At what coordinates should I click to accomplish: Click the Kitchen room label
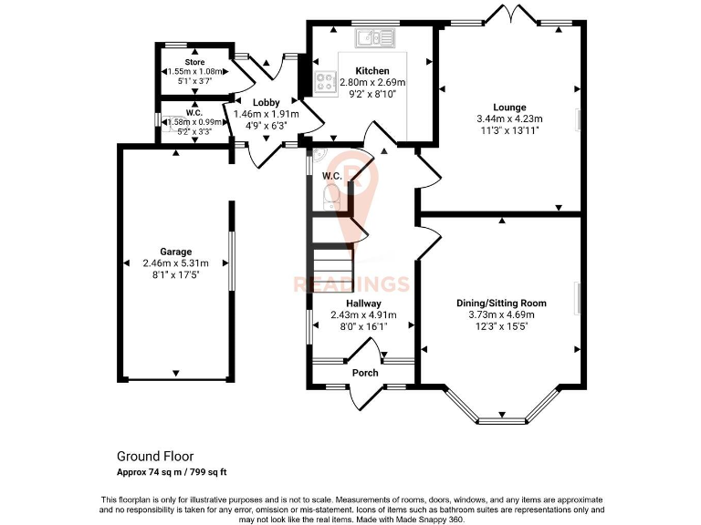(371, 70)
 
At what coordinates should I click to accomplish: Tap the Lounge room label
(508, 107)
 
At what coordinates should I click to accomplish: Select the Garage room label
(176, 252)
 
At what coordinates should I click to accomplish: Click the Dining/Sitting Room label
(501, 303)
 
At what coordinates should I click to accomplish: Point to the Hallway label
(363, 303)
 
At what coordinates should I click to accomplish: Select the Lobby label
(267, 102)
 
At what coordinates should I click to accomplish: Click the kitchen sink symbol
(375, 38)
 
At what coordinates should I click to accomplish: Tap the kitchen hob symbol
(324, 83)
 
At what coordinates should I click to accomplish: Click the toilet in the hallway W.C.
(332, 196)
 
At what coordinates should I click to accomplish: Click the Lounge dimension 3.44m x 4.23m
(509, 118)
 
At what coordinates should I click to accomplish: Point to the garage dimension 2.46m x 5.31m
(176, 263)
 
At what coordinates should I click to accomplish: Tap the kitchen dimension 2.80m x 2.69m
(372, 82)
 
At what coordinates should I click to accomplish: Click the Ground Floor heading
(154, 456)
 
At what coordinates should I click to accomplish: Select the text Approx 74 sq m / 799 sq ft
(171, 472)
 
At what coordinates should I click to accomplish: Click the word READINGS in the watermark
(350, 284)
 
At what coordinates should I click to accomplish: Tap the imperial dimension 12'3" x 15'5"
(501, 326)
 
